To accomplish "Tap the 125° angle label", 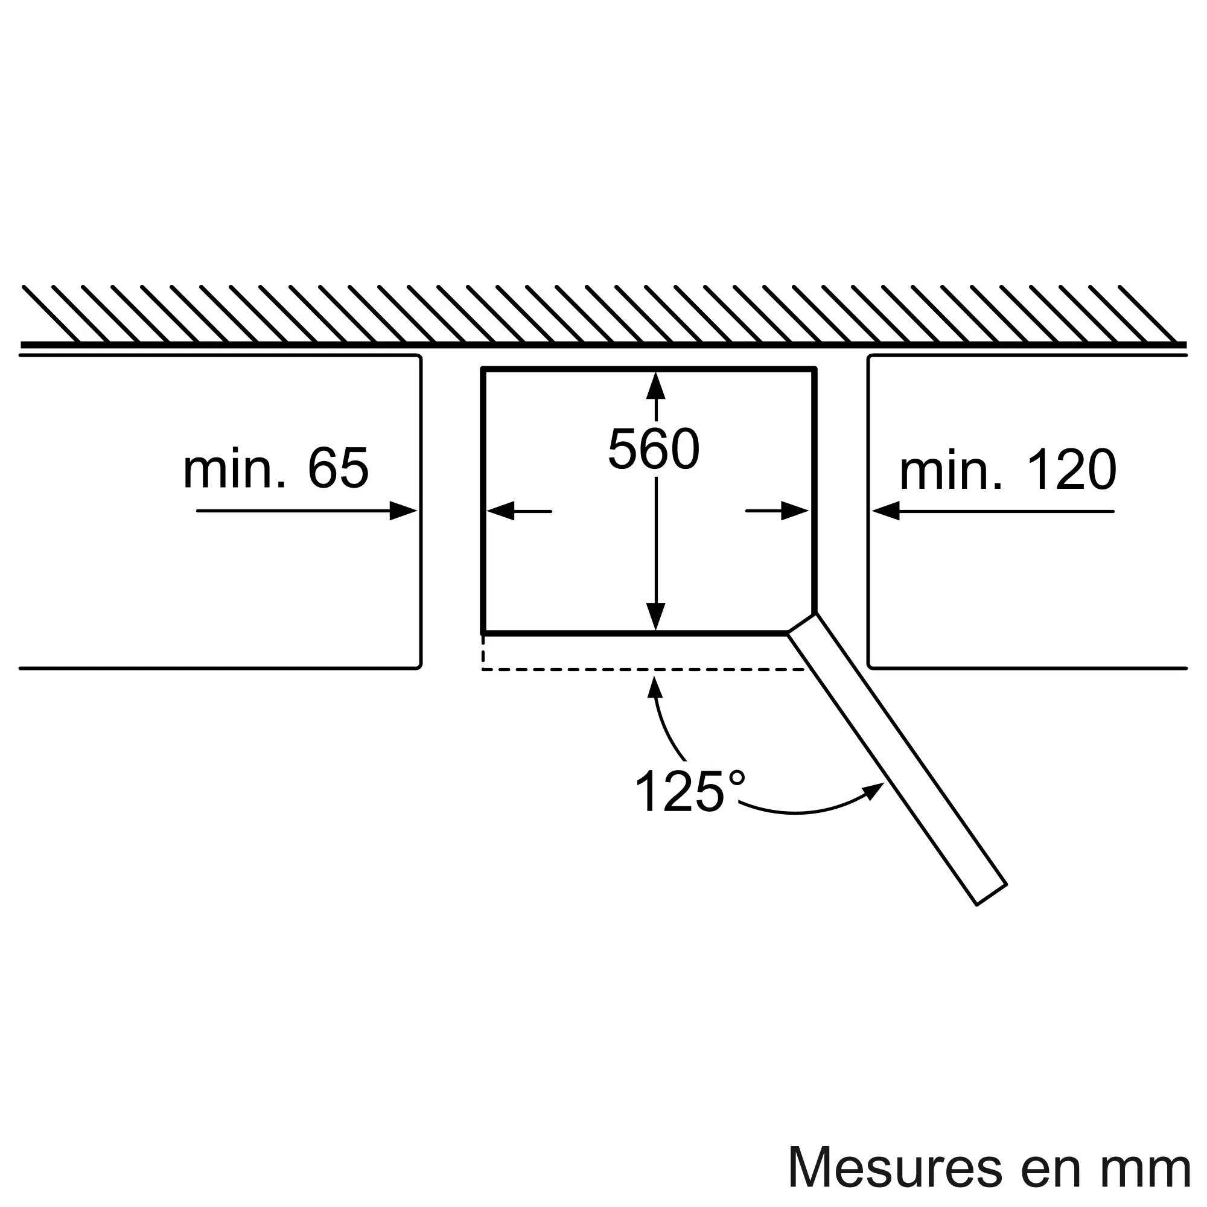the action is pyautogui.click(x=690, y=791).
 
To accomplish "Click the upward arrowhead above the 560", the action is pyautogui.click(x=655, y=385).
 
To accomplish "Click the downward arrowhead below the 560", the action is pyautogui.click(x=655, y=617).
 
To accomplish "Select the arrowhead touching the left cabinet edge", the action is pyautogui.click(x=403, y=511).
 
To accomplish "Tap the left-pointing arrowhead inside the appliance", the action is pyautogui.click(x=500, y=511).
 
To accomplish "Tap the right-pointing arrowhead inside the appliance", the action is pyautogui.click(x=795, y=511).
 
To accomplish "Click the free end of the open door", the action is pyautogui.click(x=991, y=894).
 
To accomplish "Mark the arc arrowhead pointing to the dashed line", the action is pyautogui.click(x=655, y=687).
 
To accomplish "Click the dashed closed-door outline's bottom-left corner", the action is pyautogui.click(x=483, y=670).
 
